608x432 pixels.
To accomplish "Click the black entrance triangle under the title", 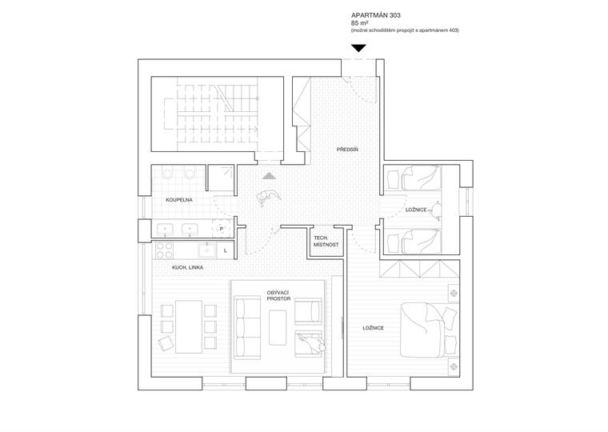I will pos(359,49).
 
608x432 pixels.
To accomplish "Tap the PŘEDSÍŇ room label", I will pos(346,150).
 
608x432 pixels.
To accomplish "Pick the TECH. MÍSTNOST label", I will pos(326,241).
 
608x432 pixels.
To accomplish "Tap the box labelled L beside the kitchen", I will pos(226,250).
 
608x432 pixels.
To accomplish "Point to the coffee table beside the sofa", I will pos(279,327).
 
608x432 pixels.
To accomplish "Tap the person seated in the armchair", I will pos(310,342).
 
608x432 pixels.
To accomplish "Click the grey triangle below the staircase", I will pos(270,176).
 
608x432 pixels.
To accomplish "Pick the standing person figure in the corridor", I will pos(266,198).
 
